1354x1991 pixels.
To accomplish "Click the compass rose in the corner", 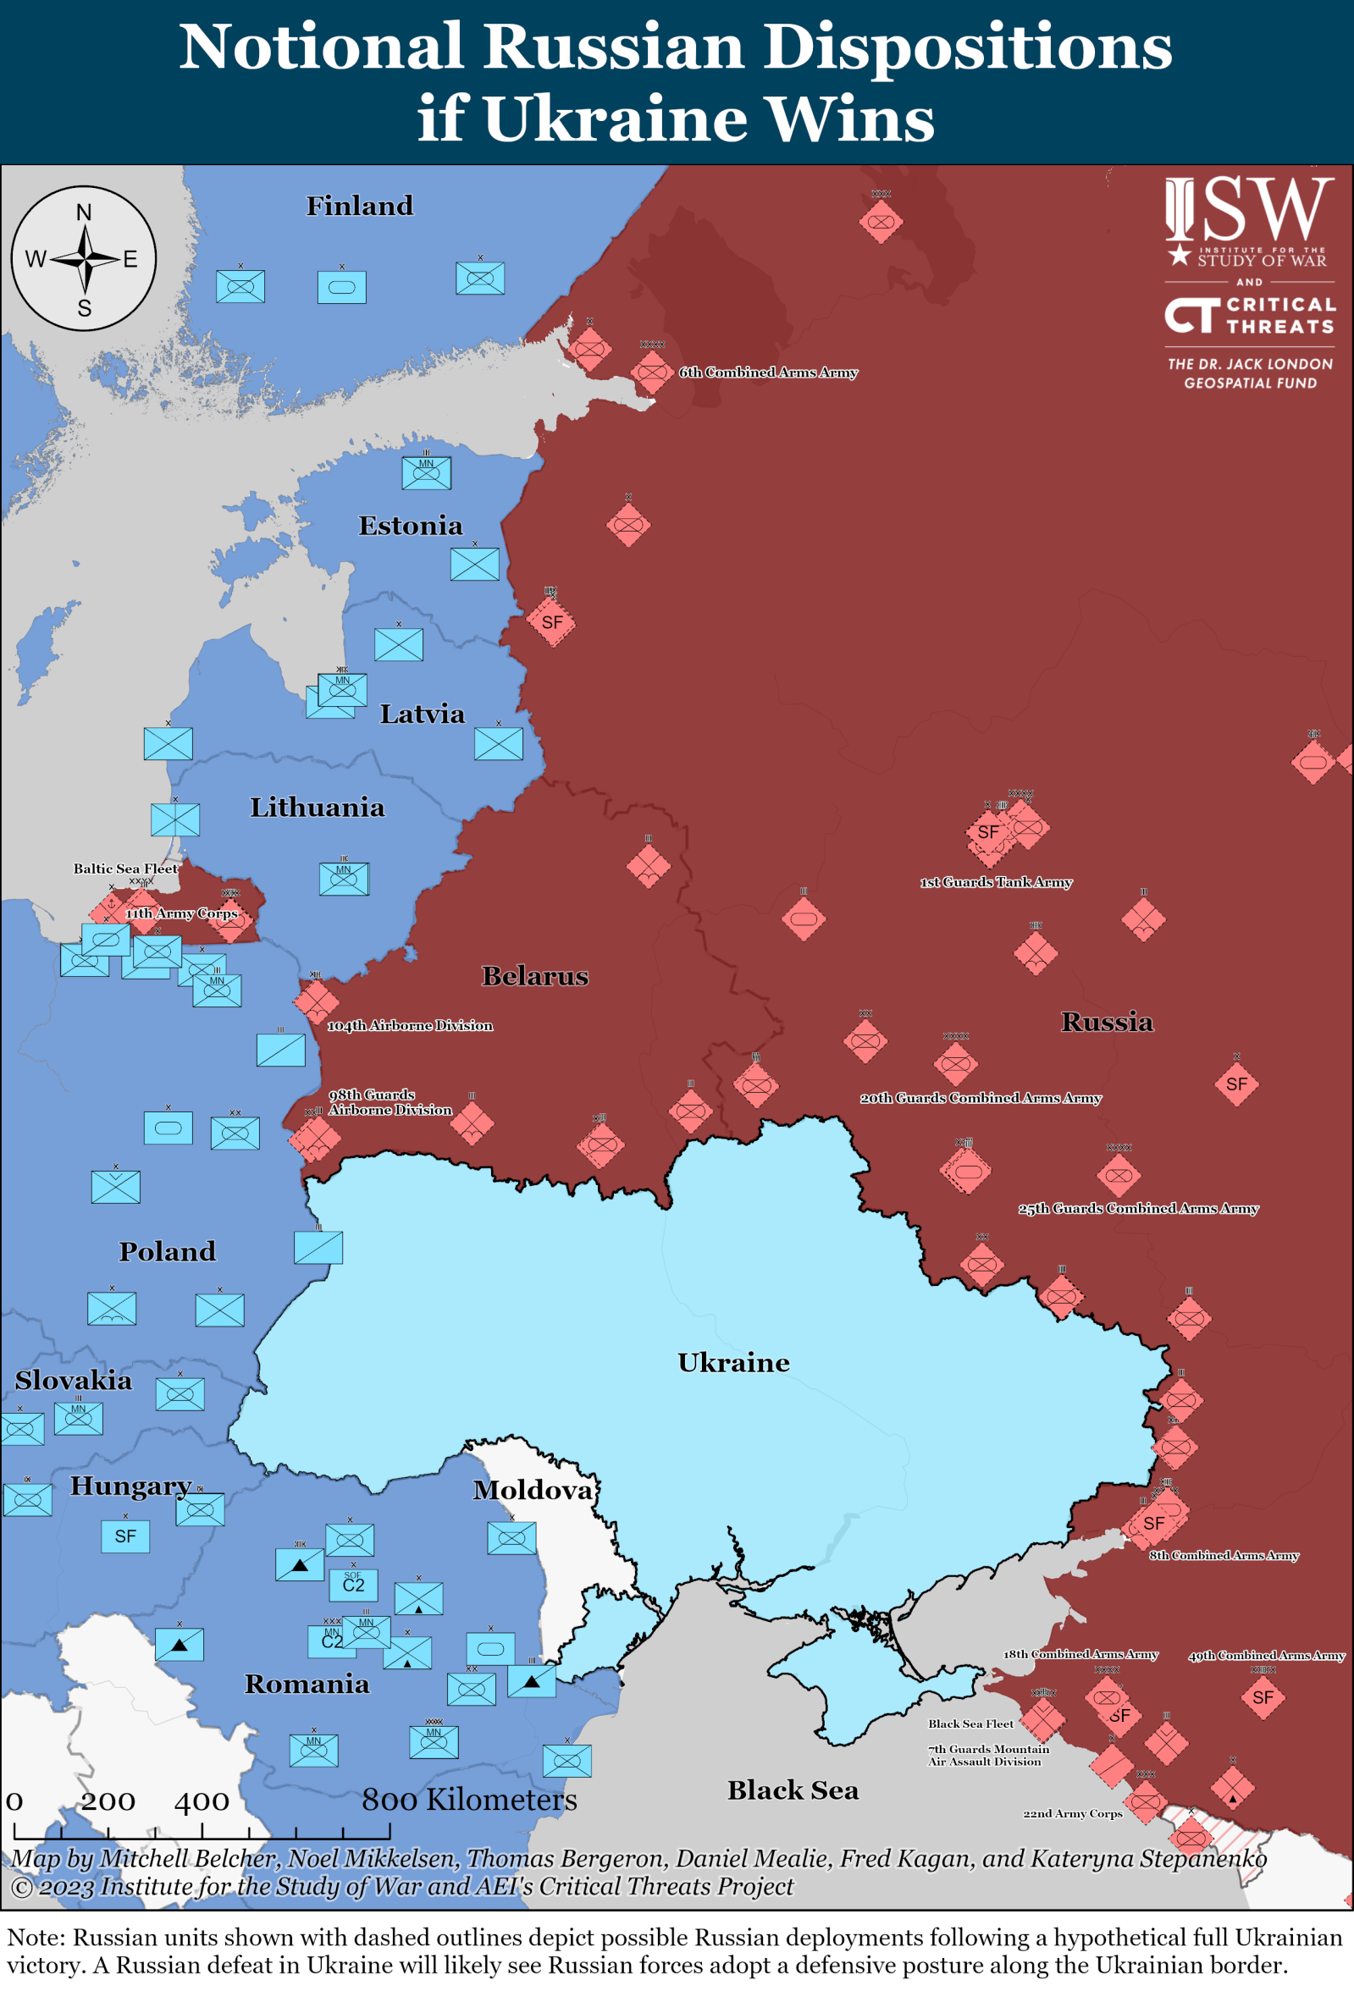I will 84,258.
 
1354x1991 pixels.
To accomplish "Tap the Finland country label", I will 359,206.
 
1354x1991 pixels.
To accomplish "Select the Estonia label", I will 410,525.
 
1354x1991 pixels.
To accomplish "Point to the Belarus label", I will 535,976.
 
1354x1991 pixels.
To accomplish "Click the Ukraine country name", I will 732,1362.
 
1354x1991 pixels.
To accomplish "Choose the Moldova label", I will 532,1490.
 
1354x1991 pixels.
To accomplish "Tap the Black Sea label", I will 792,1790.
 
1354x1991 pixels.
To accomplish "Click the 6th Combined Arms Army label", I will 768,372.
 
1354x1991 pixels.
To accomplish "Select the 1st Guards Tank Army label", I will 996,881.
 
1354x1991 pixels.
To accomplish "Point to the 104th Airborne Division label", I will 410,1025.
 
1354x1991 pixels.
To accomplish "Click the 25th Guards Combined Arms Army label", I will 1137,1208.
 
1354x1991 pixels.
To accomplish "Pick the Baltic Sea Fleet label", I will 125,868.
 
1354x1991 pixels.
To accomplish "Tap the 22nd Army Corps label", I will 1072,1814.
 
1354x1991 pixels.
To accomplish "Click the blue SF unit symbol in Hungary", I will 125,1536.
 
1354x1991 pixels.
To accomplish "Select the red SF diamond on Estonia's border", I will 552,622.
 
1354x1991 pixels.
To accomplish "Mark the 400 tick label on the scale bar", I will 202,1801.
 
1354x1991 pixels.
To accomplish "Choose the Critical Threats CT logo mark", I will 1191,314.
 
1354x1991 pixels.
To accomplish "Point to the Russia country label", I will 1107,1021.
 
